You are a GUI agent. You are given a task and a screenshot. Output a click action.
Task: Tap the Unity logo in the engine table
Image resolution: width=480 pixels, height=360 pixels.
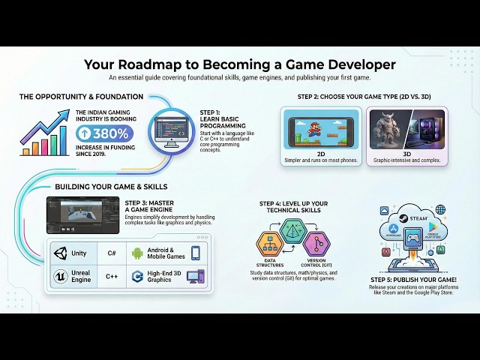point(60,253)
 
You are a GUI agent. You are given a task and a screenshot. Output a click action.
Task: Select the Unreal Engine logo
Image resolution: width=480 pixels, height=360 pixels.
point(60,276)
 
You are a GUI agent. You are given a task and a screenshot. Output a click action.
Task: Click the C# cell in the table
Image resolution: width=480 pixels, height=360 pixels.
point(112,253)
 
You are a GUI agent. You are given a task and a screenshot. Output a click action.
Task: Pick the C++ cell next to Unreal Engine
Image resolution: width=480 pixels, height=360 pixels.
point(112,276)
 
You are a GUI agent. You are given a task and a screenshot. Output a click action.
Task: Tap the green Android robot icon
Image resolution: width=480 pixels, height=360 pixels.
point(137,253)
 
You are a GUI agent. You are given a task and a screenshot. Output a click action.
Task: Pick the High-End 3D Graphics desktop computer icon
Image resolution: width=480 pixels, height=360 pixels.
point(195,276)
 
